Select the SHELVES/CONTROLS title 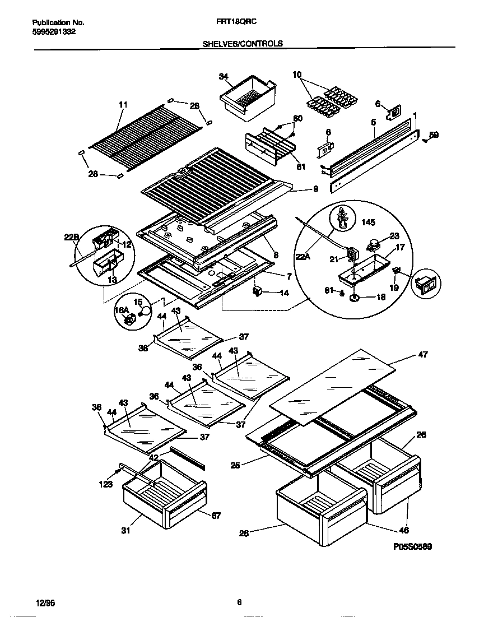[x=242, y=43]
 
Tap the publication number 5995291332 [x=54, y=32]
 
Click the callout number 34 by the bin [x=223, y=76]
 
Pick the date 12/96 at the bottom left [x=45, y=603]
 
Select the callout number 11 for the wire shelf [x=123, y=104]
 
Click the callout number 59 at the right [x=434, y=134]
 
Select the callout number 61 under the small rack [x=300, y=166]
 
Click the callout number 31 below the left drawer [x=125, y=530]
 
